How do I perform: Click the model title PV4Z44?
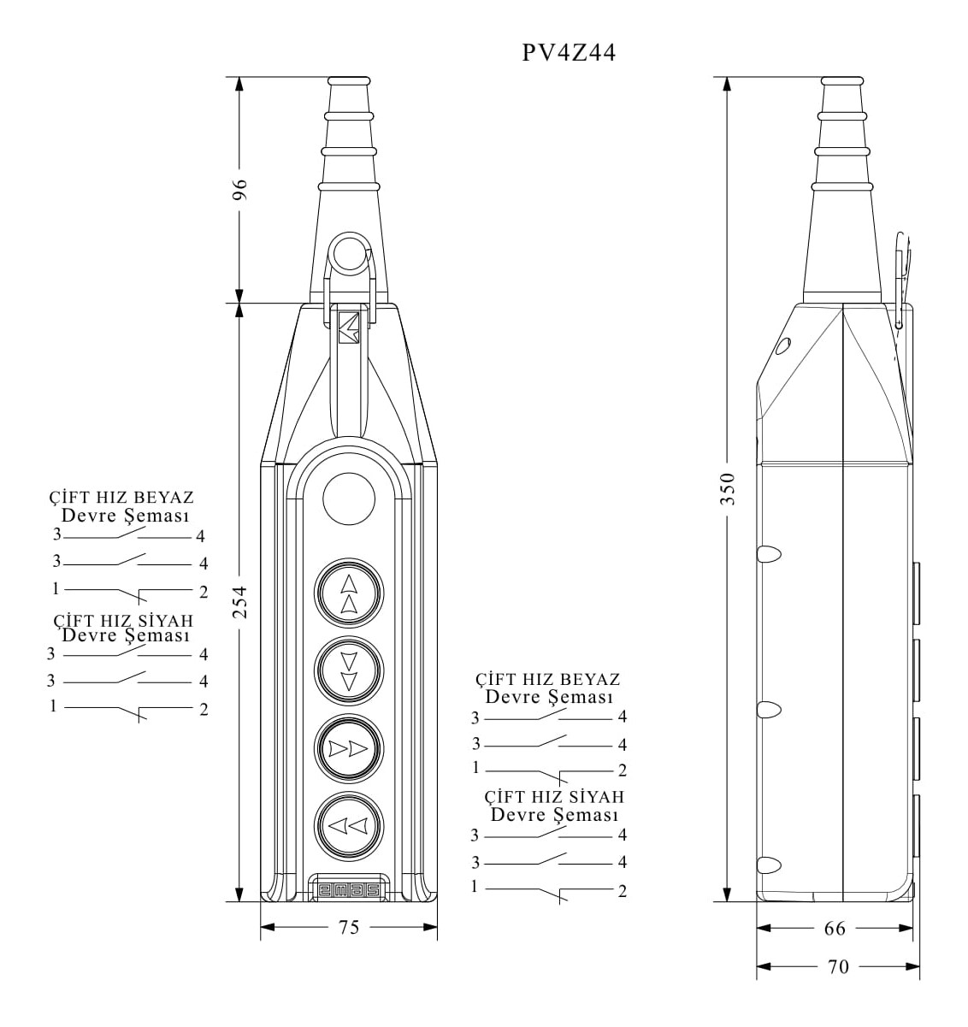569,53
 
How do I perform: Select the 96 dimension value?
240,190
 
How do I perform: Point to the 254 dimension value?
240,603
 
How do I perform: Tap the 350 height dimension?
728,488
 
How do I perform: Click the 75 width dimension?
349,927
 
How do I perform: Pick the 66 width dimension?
835,928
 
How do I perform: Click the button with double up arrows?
349,593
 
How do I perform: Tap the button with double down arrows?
349,671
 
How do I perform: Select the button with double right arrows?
349,748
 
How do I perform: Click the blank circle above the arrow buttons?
349,499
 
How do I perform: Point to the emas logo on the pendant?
349,890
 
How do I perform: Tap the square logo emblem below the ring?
349,328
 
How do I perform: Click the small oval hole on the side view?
782,346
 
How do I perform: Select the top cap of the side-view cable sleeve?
842,81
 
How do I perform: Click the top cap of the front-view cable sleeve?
349,81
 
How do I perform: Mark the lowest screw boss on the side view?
769,865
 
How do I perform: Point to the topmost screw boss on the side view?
769,554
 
